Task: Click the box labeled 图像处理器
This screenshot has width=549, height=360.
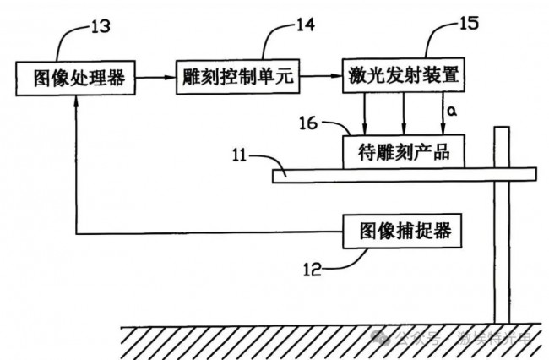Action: tap(77, 79)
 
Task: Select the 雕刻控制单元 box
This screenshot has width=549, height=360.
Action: tap(237, 79)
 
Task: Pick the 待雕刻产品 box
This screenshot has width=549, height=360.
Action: tap(404, 152)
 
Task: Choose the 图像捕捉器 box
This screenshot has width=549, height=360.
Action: tap(404, 230)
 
